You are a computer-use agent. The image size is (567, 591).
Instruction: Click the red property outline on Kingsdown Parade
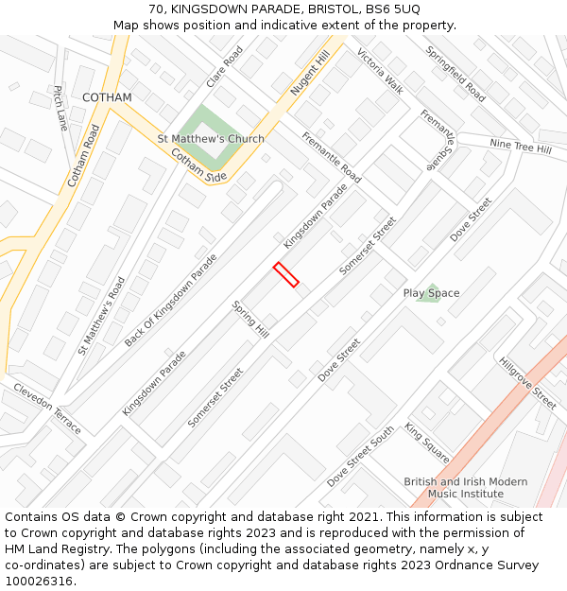point(285,274)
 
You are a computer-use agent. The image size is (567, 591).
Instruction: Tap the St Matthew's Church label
point(211,139)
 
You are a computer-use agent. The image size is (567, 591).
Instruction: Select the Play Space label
point(431,293)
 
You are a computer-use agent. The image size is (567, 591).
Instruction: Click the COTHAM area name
point(107,97)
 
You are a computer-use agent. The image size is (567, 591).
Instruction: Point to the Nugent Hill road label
point(310,74)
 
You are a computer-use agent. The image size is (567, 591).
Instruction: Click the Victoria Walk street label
point(380,71)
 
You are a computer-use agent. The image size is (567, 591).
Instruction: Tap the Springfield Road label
point(455,75)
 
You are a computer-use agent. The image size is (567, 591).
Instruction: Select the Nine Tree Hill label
point(520,147)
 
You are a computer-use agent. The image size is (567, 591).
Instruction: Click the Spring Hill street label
point(250,320)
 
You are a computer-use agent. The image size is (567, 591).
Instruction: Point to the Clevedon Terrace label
point(47,408)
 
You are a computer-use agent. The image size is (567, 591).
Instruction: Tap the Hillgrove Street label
point(527,383)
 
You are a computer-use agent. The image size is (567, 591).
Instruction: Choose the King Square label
point(427,443)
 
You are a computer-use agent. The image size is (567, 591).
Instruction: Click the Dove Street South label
point(361,457)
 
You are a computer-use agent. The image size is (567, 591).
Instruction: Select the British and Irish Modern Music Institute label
point(466,488)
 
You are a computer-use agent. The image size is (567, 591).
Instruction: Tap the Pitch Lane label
point(60,108)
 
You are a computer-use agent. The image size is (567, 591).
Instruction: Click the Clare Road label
point(225,66)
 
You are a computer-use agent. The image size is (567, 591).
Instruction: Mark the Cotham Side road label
point(198,165)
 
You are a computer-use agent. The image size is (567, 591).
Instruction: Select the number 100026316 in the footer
point(38,581)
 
